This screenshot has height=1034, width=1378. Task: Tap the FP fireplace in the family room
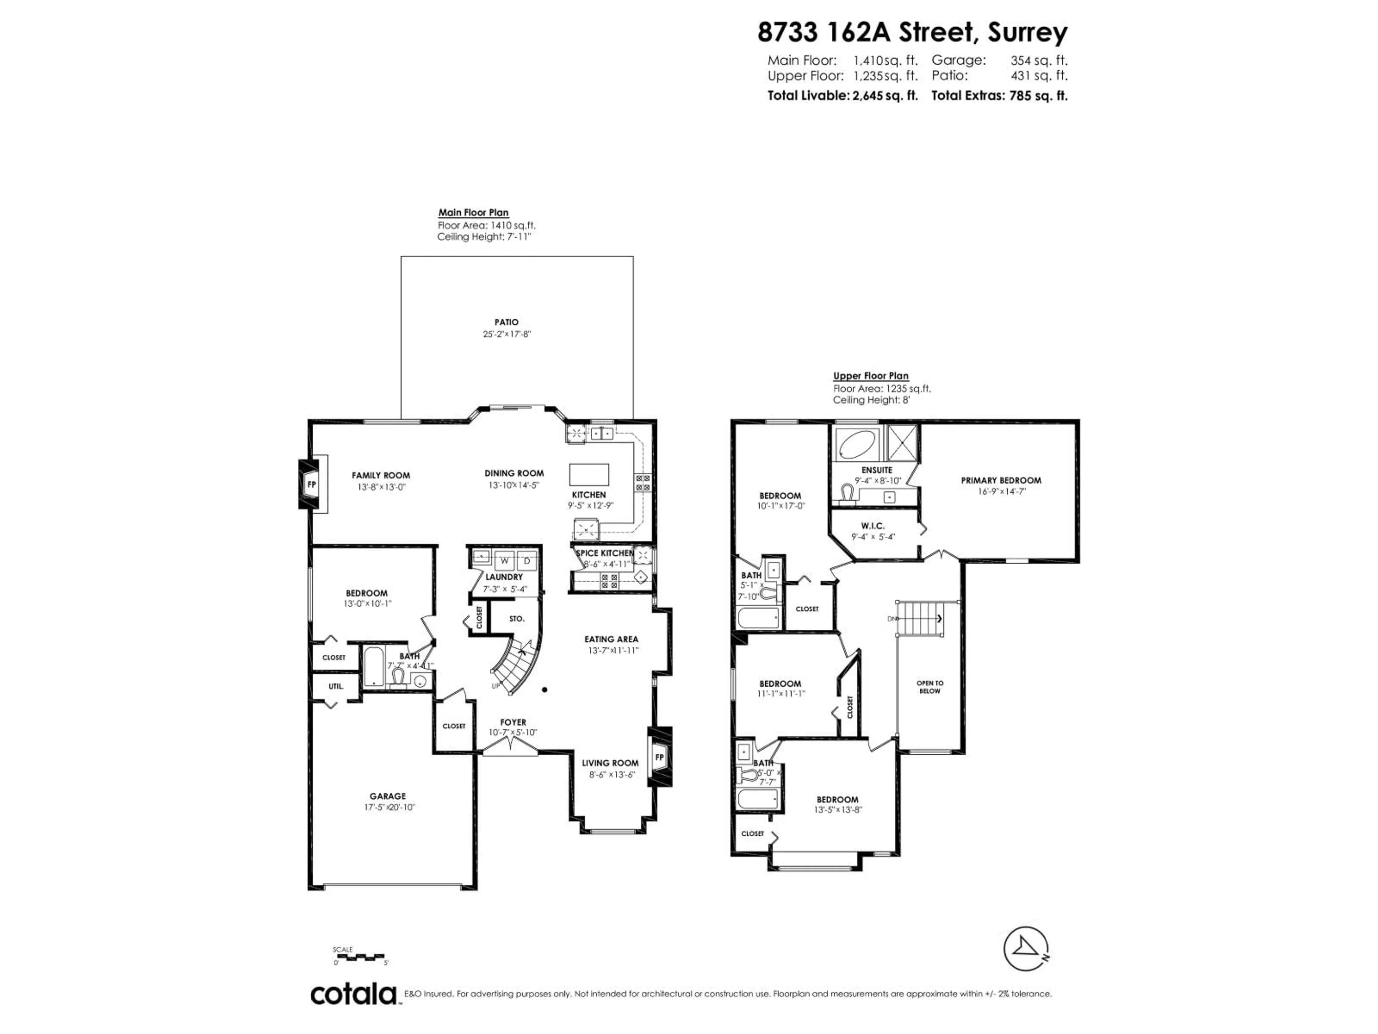[x=311, y=484]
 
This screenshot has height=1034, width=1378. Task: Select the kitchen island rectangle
[x=589, y=474]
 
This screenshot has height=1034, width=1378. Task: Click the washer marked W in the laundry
[x=505, y=561]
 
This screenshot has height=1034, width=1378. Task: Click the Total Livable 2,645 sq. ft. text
[x=842, y=96]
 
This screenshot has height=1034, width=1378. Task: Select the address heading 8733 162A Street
[x=912, y=32]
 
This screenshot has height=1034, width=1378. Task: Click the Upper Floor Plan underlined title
[x=870, y=376]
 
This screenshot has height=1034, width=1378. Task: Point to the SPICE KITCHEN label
[x=604, y=553]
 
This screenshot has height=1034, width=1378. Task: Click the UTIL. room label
[x=336, y=686]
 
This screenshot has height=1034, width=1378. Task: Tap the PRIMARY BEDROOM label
[x=1000, y=480]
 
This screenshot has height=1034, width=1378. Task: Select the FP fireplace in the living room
[x=660, y=757]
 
